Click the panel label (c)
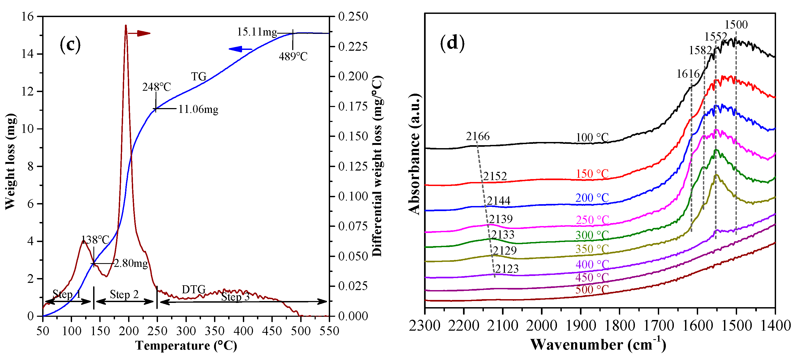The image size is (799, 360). [70, 45]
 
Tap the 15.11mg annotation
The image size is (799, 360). [257, 32]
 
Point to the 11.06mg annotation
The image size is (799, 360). [198, 109]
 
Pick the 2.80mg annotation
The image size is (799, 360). [131, 264]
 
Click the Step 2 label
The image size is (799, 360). [124, 295]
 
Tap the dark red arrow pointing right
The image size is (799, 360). [139, 33]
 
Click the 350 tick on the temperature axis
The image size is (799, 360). [215, 331]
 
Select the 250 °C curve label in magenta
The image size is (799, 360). [592, 220]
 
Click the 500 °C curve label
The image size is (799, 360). [592, 290]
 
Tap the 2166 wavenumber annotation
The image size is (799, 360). [478, 136]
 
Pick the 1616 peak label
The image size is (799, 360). [688, 74]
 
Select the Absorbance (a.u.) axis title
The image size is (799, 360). [414, 154]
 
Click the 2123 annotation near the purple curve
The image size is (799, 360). [507, 269]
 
